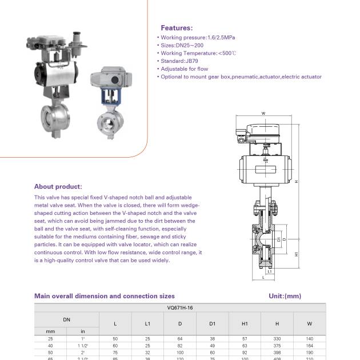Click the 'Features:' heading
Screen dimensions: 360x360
tap(177, 27)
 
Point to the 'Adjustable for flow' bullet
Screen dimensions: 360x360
tap(184, 69)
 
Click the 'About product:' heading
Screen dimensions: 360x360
tap(58, 186)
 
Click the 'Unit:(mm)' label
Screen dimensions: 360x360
tap(285, 296)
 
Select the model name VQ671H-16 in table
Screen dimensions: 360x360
tap(179, 307)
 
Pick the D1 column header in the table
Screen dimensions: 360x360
tap(212, 323)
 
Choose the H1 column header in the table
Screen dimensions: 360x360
tap(245, 323)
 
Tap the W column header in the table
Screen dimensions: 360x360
tap(309, 323)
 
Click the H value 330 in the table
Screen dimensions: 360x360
tap(277, 339)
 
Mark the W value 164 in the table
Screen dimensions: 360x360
tap(309, 346)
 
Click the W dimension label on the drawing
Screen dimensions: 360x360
tap(263, 113)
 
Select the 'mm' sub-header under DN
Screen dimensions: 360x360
tap(50, 331)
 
